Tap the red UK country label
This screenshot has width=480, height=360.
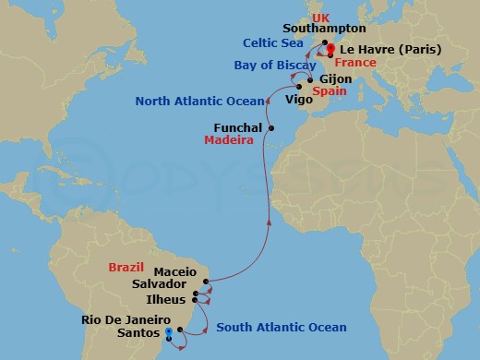point(320,18)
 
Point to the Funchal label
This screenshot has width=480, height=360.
point(237,128)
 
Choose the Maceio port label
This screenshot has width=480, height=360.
point(175,272)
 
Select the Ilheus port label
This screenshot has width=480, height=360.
point(170,299)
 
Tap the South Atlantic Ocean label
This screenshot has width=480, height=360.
point(282,327)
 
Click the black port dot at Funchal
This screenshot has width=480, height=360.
point(270,127)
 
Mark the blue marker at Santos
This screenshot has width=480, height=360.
point(168,332)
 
